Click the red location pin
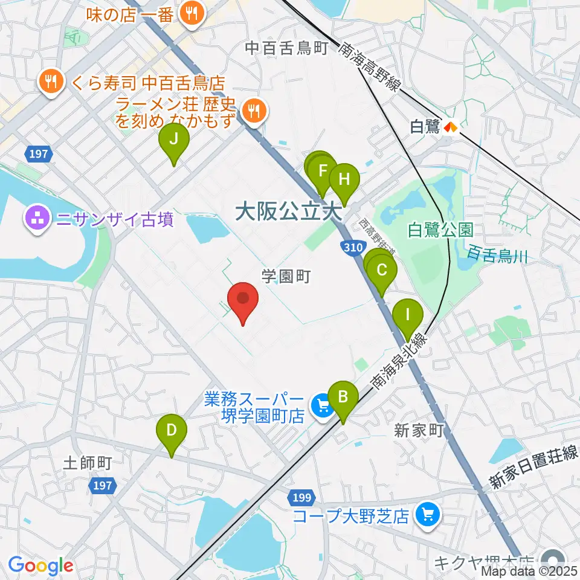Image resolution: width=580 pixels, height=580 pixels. point(243,299)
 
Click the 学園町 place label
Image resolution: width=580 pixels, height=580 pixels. point(286,277)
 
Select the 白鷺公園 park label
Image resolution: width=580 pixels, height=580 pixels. point(440,230)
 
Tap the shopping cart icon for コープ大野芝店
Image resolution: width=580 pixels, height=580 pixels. point(429,515)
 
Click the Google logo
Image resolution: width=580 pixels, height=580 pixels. point(40,565)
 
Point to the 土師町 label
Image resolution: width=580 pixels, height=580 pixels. point(88,463)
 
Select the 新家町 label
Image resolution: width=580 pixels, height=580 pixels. point(419,430)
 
